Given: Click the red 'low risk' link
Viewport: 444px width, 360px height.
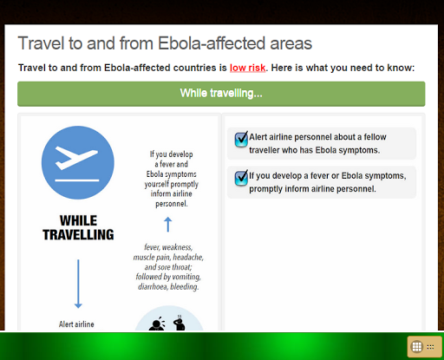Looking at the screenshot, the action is (x=247, y=68).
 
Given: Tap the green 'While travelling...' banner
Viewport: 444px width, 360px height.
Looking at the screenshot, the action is (x=221, y=94).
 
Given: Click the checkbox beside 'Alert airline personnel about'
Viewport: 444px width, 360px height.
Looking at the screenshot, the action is (x=241, y=140).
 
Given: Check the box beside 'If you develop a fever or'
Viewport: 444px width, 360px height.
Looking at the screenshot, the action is (x=241, y=178).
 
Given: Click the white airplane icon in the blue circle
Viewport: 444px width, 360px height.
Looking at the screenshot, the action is (x=76, y=158).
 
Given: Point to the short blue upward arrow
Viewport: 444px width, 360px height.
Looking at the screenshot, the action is (x=168, y=225).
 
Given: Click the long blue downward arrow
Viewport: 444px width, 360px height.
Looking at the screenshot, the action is (x=78, y=284).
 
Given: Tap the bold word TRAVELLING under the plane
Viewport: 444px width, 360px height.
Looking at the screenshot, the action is (x=78, y=234).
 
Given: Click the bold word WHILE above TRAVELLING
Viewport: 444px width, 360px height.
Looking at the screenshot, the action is (x=78, y=220).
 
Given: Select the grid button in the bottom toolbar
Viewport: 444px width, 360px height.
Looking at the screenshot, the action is (x=417, y=347).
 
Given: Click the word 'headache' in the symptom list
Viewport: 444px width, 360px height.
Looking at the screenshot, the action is (x=188, y=257).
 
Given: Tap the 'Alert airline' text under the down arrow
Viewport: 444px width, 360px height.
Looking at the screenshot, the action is (x=76, y=324).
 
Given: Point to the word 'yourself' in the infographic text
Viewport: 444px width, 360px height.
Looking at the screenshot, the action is (x=156, y=185).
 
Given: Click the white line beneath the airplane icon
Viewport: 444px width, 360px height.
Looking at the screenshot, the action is (x=77, y=180).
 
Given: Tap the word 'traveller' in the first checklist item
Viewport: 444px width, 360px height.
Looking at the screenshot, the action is (x=264, y=150).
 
